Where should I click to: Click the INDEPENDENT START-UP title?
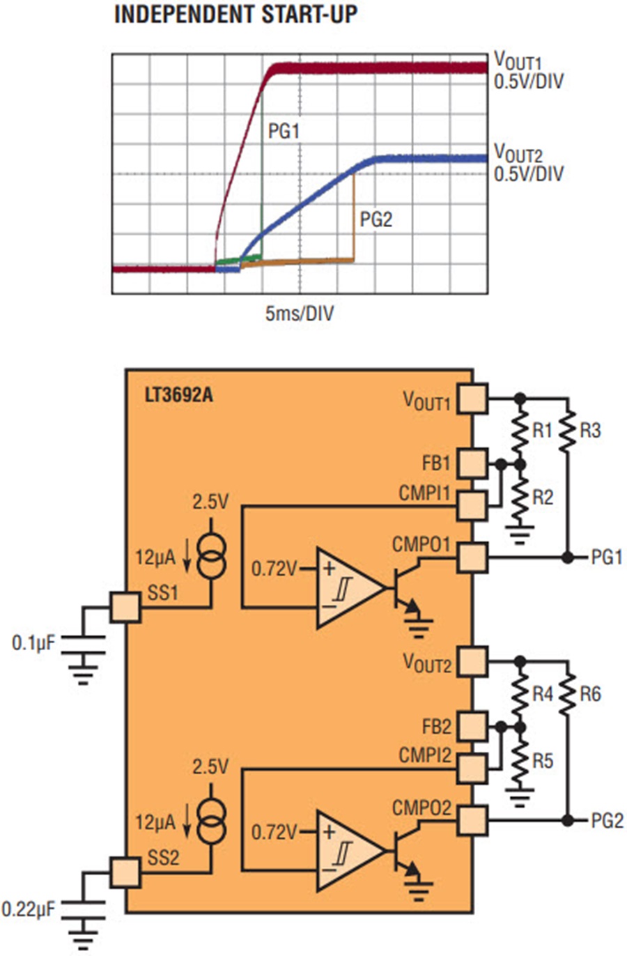(x=236, y=15)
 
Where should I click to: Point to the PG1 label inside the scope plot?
(x=284, y=131)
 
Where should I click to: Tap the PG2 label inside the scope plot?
(x=376, y=219)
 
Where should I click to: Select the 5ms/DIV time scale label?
(x=300, y=314)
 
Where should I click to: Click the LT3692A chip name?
(x=179, y=396)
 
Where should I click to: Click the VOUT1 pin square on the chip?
(x=472, y=399)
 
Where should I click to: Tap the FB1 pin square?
(x=472, y=463)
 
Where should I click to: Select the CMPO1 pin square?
(x=472, y=557)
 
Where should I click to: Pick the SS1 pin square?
(x=125, y=608)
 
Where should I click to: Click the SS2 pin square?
(x=125, y=873)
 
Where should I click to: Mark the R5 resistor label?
(x=543, y=760)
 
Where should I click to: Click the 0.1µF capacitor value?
(x=33, y=643)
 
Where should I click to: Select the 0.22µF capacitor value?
(x=29, y=909)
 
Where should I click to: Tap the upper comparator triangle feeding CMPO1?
(x=350, y=588)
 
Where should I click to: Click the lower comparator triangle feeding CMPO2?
(x=350, y=851)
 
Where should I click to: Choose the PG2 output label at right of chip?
(x=607, y=821)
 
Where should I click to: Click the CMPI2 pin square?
(x=472, y=769)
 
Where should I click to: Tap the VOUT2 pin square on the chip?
(x=472, y=662)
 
